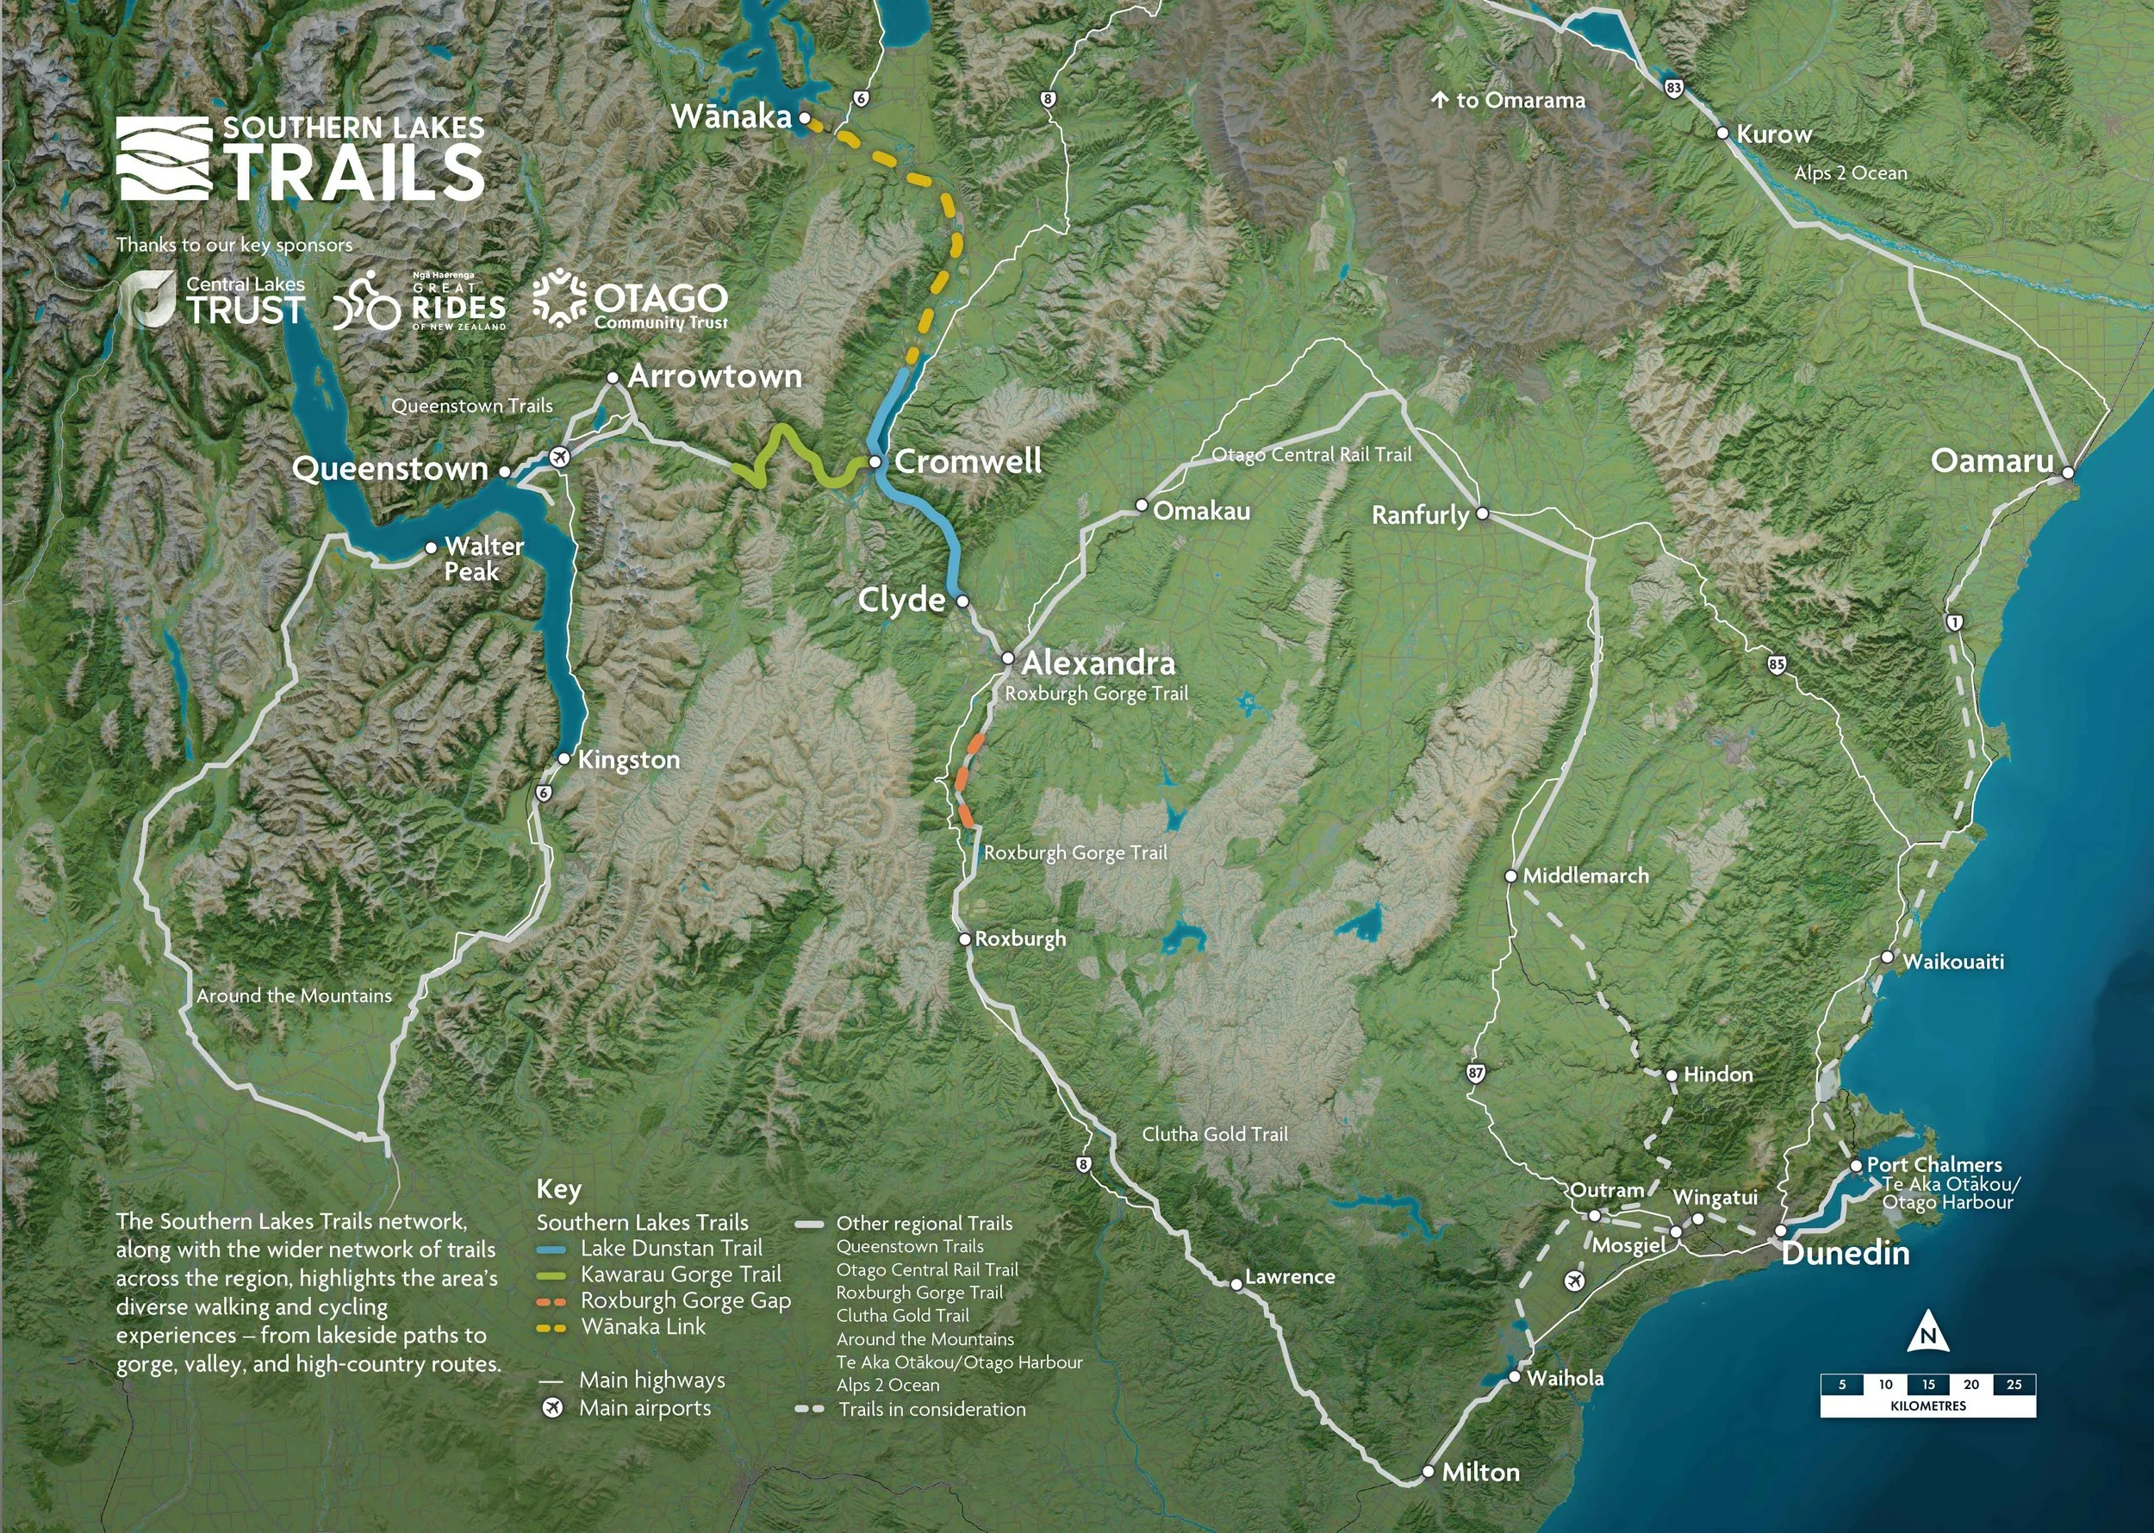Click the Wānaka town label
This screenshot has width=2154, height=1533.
[x=731, y=117]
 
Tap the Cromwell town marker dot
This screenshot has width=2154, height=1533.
[x=875, y=462]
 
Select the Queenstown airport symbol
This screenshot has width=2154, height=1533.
[x=560, y=458]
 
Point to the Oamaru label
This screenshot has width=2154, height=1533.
[x=1992, y=461]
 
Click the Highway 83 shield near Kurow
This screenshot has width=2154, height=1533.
[x=1673, y=88]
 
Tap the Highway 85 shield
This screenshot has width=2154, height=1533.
[x=1777, y=664]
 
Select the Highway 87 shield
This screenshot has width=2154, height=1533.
[x=1476, y=1074]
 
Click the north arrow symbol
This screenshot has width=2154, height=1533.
[x=1927, y=1332]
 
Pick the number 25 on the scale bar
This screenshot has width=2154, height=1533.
[x=2014, y=1385]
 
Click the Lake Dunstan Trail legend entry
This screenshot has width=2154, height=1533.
[x=670, y=1248]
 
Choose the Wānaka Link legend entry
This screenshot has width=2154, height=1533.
[x=643, y=1326]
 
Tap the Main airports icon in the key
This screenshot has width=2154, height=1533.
[x=552, y=1408]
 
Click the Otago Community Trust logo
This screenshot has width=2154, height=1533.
[x=631, y=301]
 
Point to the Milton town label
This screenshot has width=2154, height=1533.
[x=1480, y=1472]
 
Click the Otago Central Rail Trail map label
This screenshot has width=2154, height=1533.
[x=1311, y=455]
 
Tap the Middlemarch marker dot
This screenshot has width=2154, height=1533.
[x=1510, y=876]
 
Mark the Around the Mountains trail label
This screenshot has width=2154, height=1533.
[x=294, y=996]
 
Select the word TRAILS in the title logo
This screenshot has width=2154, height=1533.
[x=354, y=172]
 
